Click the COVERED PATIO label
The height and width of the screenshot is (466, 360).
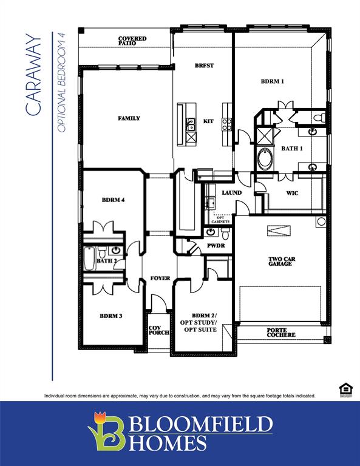pyautogui.click(x=132, y=41)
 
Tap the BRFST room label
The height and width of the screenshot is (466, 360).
pyautogui.click(x=203, y=65)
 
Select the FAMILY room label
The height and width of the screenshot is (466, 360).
pyautogui.click(x=129, y=118)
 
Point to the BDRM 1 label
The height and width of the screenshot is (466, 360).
pyautogui.click(x=273, y=81)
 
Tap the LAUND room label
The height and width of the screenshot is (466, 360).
pyautogui.click(x=231, y=192)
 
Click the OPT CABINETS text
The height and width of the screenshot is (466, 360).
pyautogui.click(x=221, y=220)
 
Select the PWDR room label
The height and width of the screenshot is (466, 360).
pyautogui.click(x=216, y=246)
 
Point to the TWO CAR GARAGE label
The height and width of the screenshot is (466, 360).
pyautogui.click(x=282, y=262)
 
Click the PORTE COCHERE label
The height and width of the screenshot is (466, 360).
pyautogui.click(x=281, y=333)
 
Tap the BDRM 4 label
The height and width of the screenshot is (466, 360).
pyautogui.click(x=113, y=200)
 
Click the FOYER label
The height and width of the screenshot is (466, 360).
pyautogui.click(x=160, y=279)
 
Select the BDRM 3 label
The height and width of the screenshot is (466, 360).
pyautogui.click(x=112, y=316)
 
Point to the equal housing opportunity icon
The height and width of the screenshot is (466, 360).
pyautogui.click(x=345, y=389)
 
